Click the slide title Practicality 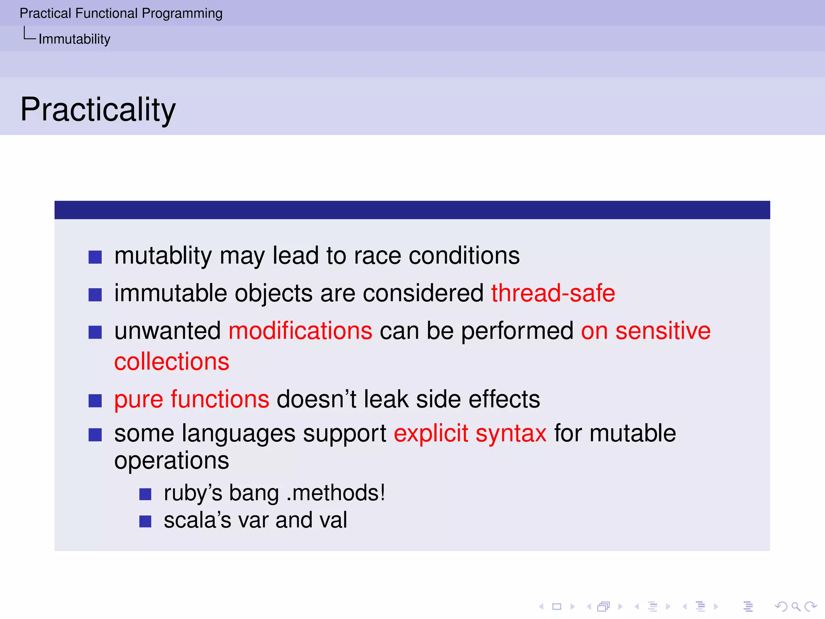(x=98, y=109)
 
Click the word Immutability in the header (x=74, y=39)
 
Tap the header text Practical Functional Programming (x=121, y=13)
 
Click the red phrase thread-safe (x=553, y=293)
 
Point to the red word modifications (x=300, y=331)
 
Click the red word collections (x=172, y=361)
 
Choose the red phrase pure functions (x=191, y=399)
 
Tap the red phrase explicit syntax (x=470, y=434)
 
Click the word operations (x=172, y=460)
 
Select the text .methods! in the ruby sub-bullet (x=336, y=493)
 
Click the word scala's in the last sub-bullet (x=197, y=520)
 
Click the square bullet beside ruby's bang (x=145, y=494)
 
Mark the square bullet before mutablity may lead (x=95, y=257)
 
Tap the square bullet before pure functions (x=95, y=401)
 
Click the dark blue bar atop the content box (x=412, y=210)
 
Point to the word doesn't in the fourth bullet (x=316, y=399)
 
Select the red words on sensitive (x=645, y=331)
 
